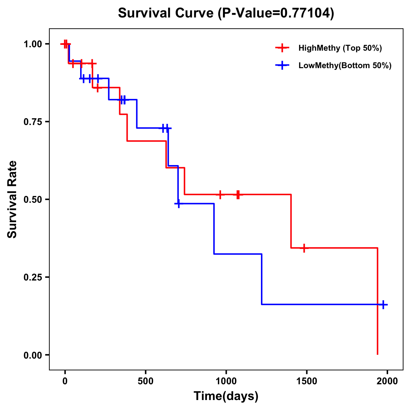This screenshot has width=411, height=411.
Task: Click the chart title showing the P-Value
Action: coord(226,13)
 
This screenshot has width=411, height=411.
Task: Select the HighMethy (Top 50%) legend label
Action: coord(340,48)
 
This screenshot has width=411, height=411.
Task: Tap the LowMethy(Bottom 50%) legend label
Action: coord(345,65)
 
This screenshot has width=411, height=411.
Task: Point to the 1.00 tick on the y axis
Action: coord(33,44)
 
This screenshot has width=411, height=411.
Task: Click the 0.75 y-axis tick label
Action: coord(33,122)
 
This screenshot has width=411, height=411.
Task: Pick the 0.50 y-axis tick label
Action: coord(33,200)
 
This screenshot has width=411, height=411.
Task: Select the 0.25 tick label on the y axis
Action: coord(33,277)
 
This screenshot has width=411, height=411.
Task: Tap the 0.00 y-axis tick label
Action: coord(33,355)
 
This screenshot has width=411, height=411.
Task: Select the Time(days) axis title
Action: coord(226,396)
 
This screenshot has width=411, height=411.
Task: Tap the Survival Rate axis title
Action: coord(12,199)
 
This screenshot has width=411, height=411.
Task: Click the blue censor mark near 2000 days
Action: coord(383,304)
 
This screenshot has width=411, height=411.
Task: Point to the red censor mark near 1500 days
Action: coord(303,248)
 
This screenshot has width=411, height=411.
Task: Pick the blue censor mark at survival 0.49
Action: coord(178,204)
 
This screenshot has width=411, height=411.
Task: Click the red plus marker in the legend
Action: coord(282,48)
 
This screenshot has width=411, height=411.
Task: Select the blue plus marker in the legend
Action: coord(282,65)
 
